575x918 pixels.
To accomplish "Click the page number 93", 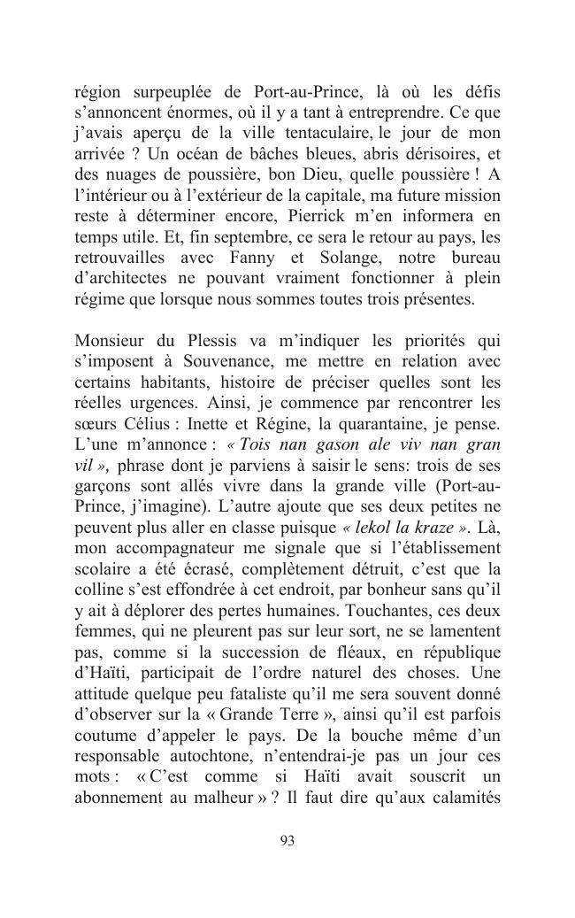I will (287, 840).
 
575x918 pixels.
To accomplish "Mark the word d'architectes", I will (123, 278).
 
